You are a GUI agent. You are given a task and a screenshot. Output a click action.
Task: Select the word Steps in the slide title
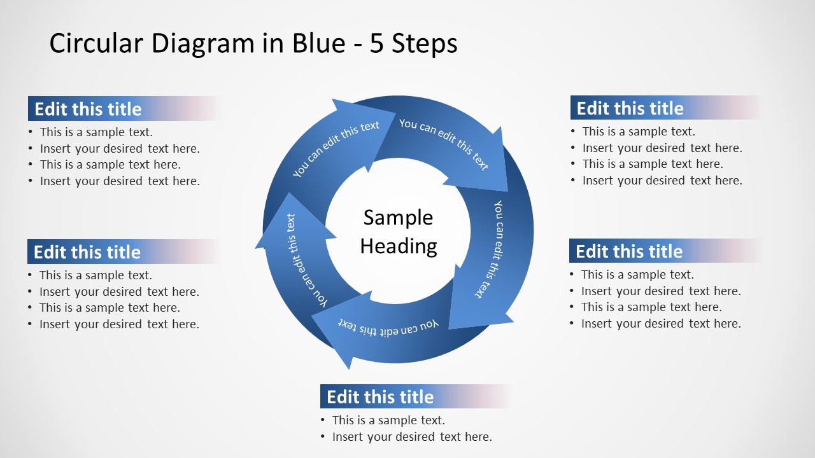[425, 44]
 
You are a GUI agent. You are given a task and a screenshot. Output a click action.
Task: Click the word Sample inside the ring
[398, 218]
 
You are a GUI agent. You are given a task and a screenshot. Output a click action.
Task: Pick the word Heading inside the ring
[399, 246]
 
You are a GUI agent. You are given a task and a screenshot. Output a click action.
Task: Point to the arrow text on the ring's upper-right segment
[444, 143]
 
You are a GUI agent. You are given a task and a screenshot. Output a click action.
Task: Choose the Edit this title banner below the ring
[380, 397]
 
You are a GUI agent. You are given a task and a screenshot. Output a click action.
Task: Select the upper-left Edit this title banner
[88, 109]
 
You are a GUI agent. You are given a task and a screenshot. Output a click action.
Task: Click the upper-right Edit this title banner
[630, 108]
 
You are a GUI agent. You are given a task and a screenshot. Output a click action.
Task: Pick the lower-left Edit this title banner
[87, 252]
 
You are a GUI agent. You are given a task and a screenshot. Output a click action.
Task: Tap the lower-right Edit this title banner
[629, 251]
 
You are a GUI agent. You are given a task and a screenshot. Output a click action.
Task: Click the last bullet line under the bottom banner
[412, 436]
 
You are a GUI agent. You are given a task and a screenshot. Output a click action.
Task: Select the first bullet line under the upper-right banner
[639, 132]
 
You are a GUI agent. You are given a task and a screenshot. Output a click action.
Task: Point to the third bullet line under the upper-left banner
[110, 164]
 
